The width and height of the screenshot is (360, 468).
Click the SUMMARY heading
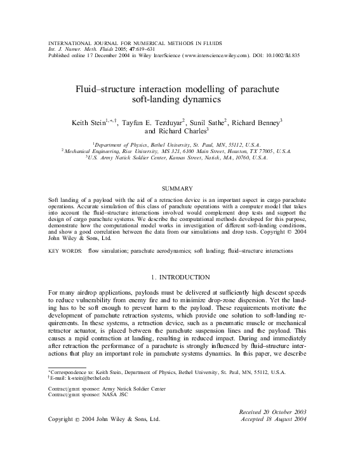point(180,189)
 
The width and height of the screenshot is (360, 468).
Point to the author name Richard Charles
point(184,131)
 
